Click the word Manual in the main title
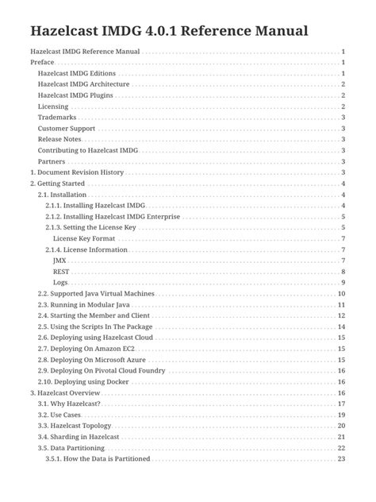pos(276,32)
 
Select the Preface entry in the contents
pos(42,62)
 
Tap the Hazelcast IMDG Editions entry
pos(76,73)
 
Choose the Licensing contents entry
pos(53,106)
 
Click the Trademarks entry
pos(56,118)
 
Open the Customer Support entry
pos(67,129)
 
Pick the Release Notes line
pos(59,140)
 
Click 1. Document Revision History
pos(77,172)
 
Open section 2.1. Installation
pos(63,195)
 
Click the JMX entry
pos(59,261)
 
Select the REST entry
pos(61,272)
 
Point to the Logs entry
pos(60,283)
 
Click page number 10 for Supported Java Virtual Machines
pos(341,294)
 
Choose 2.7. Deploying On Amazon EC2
pos(90,349)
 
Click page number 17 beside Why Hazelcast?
pos(341,404)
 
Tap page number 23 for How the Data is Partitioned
pos(341,459)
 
